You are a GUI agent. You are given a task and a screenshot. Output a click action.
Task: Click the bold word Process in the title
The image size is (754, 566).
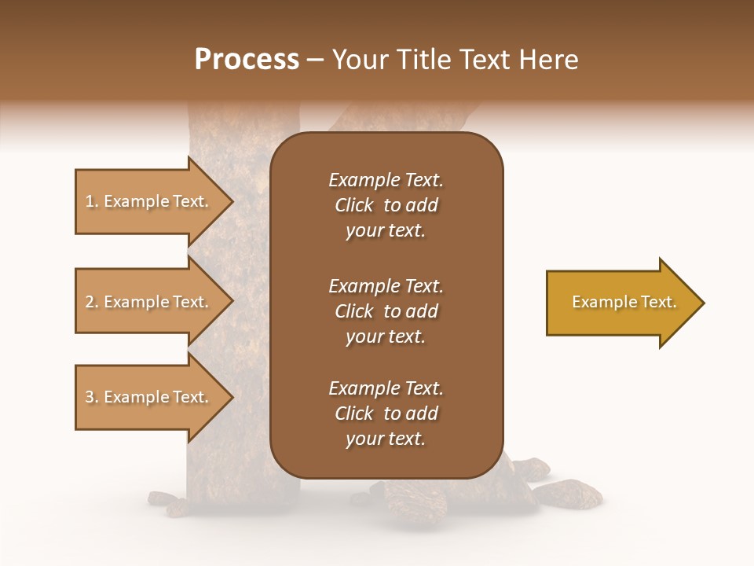click(247, 60)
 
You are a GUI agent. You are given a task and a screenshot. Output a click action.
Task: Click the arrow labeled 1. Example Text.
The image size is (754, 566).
click(149, 201)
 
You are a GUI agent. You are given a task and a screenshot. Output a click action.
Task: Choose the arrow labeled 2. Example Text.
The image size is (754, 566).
click(149, 302)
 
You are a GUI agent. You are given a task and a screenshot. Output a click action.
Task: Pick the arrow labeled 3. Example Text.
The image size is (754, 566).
click(149, 397)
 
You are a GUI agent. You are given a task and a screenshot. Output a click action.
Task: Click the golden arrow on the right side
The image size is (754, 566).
click(620, 303)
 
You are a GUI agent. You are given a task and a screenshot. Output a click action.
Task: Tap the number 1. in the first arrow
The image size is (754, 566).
click(92, 201)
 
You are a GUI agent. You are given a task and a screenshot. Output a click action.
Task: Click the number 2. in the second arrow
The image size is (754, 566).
click(92, 302)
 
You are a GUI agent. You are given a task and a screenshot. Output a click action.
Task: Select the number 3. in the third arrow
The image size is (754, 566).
click(92, 397)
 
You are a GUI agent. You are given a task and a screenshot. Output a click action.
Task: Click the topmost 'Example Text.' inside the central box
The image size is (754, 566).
click(386, 180)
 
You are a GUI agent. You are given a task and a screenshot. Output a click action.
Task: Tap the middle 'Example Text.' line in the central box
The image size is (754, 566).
click(386, 286)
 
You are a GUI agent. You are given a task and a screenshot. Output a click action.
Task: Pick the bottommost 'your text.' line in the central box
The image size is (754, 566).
click(386, 439)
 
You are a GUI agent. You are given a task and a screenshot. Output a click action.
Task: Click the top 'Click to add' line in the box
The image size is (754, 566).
click(386, 205)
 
